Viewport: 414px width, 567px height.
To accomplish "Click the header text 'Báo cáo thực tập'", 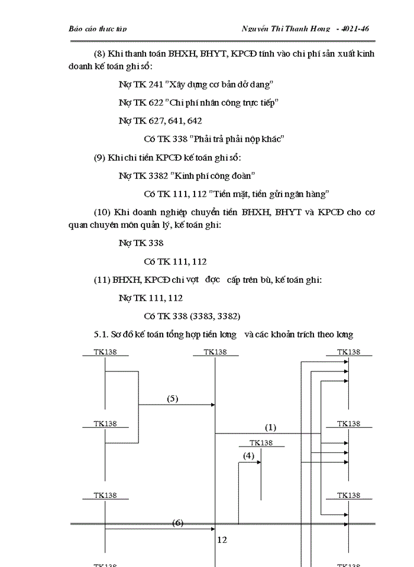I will click(x=98, y=28).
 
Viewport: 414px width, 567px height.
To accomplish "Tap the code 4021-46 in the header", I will click(x=352, y=28).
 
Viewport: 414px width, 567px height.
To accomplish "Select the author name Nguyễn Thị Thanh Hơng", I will click(x=286, y=28).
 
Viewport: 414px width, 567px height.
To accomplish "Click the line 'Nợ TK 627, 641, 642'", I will click(x=160, y=120).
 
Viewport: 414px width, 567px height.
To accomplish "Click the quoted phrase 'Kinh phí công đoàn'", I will click(x=213, y=175).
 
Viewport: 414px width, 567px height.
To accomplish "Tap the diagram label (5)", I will click(x=172, y=398).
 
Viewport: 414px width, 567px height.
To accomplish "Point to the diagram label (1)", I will click(x=270, y=426).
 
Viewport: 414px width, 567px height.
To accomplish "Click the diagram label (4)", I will click(x=248, y=455).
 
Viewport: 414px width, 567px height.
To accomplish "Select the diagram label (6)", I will click(x=178, y=523).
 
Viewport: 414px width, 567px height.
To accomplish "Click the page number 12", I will click(x=222, y=539).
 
